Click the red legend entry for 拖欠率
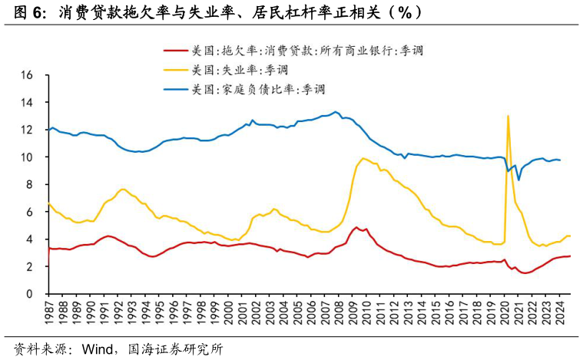[x=307, y=51]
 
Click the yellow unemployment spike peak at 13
[x=508, y=116]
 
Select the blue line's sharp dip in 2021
[x=518, y=180]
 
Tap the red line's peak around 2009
[x=355, y=227]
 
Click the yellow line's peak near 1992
[x=122, y=189]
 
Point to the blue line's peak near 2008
[x=336, y=112]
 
